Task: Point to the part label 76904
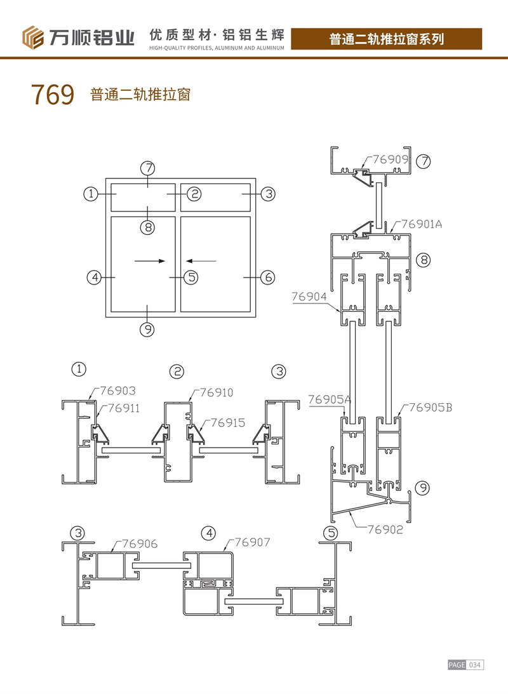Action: pyautogui.click(x=309, y=295)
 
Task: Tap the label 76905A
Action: pyautogui.click(x=330, y=399)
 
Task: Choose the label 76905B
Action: pyautogui.click(x=430, y=407)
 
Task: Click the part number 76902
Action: pyautogui.click(x=385, y=528)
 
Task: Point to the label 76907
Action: pyautogui.click(x=253, y=542)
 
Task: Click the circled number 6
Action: pyautogui.click(x=267, y=277)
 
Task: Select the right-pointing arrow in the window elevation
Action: pyautogui.click(x=150, y=261)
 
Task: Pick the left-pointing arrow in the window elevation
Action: pyautogui.click(x=201, y=261)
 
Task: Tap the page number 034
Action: pyautogui.click(x=476, y=665)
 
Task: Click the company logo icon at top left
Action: pyautogui.click(x=34, y=37)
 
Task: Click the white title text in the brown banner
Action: pyautogui.click(x=386, y=39)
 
